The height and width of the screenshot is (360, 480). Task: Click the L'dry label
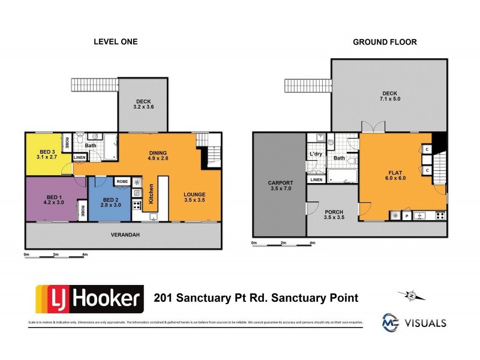point(316,155)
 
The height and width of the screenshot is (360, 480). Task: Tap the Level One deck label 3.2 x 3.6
point(143,104)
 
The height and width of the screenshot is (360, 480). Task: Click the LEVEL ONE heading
point(116,42)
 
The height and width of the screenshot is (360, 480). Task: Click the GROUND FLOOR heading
point(385,42)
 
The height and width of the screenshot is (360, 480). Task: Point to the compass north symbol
point(412,294)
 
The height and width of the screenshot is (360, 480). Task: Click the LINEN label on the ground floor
point(316,179)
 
